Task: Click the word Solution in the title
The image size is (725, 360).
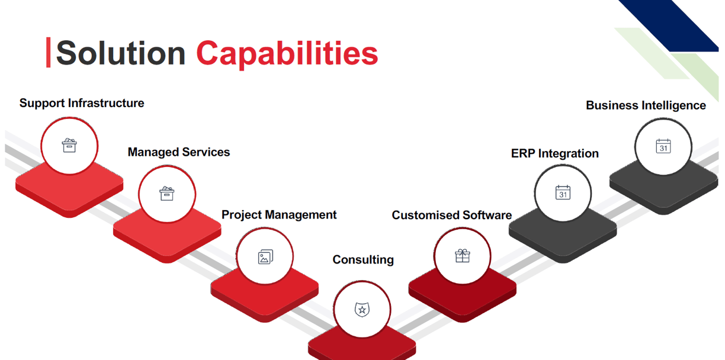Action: click(120, 53)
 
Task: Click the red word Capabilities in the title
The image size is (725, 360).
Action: click(287, 54)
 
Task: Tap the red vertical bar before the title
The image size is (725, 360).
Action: click(48, 52)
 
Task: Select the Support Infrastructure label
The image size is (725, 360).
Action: click(82, 103)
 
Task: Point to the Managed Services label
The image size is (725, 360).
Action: click(179, 152)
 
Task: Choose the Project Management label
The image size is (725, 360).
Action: click(279, 215)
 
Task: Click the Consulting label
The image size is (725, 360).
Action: click(363, 260)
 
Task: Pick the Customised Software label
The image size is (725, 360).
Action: click(452, 215)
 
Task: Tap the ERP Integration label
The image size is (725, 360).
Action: click(555, 153)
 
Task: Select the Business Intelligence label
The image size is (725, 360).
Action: click(646, 105)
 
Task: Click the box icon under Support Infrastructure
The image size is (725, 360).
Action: click(69, 145)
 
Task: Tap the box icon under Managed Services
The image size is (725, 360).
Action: click(166, 194)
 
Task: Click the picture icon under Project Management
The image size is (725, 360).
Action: click(265, 257)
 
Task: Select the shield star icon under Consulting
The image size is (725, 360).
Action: click(362, 310)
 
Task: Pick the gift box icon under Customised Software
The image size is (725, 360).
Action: click(463, 256)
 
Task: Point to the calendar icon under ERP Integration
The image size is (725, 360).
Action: click(563, 192)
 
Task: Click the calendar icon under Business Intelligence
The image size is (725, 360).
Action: click(663, 146)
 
